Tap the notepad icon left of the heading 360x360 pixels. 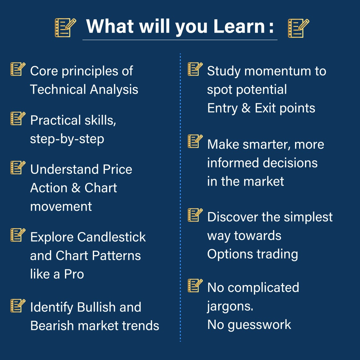[65, 28]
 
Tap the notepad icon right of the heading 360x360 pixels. [299, 28]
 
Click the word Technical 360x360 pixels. [58, 89]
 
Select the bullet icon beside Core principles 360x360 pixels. [18, 69]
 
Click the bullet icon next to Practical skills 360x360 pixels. [18, 118]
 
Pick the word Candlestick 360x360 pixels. [111, 237]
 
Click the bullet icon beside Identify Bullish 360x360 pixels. [18, 306]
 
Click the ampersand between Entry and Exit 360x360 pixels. [246, 108]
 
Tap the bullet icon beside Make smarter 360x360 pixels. [195, 141]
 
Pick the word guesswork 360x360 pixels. [260, 325]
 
